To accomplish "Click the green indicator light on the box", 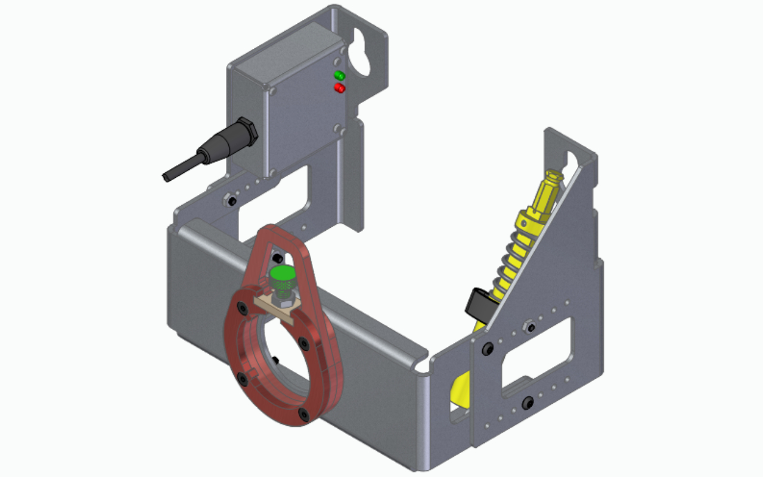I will (x=339, y=76).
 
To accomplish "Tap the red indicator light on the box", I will (x=339, y=88).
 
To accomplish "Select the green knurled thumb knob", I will (x=282, y=276).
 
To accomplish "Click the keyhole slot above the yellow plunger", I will (x=570, y=160).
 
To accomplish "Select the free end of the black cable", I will (x=168, y=177).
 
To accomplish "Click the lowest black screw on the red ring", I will (x=305, y=414).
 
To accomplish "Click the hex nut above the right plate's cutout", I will (x=528, y=327).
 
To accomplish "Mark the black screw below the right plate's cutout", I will (x=527, y=404).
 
